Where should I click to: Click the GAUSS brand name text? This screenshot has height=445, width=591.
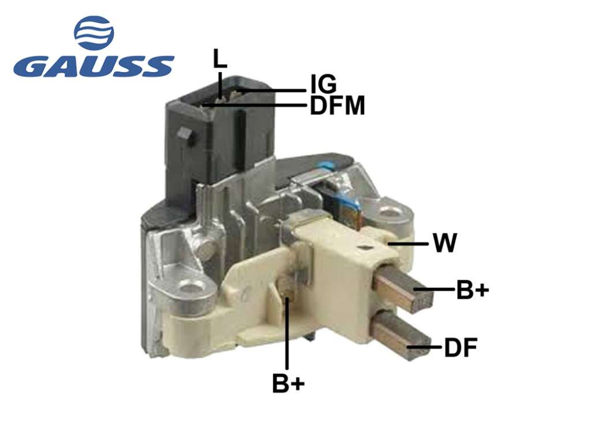(x=94, y=66)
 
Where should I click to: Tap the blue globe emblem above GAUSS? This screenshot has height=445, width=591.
(x=94, y=33)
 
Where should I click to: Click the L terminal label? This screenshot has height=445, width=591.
(x=220, y=58)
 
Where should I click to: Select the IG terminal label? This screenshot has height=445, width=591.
(x=323, y=84)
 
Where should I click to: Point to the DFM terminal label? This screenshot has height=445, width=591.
(x=337, y=106)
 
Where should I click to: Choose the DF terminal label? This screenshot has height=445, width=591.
(x=461, y=347)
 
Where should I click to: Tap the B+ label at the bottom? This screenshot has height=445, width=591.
(x=289, y=383)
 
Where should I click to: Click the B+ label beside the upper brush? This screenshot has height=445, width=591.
(x=473, y=290)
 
